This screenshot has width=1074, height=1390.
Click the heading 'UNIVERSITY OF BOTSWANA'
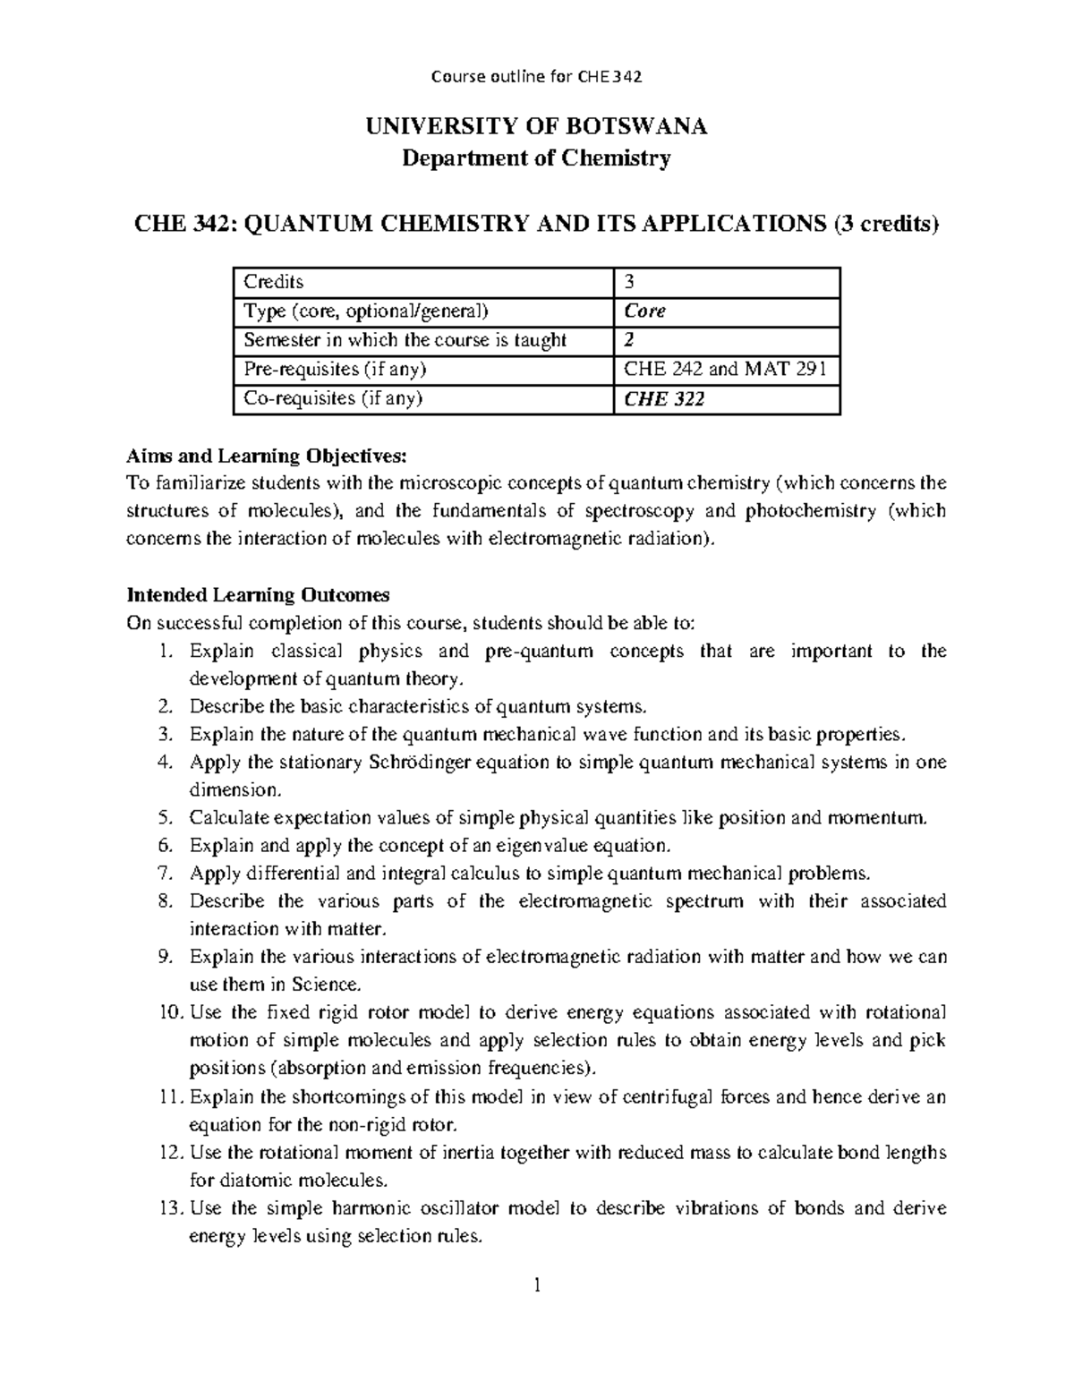click(536, 126)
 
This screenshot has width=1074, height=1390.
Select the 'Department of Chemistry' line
click(536, 158)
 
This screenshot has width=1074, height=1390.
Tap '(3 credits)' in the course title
click(886, 224)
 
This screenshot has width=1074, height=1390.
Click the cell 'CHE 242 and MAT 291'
click(725, 370)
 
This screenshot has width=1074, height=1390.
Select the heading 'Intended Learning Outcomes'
click(258, 595)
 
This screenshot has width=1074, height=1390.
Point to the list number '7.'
click(164, 873)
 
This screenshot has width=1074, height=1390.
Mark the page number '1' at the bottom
click(536, 1287)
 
